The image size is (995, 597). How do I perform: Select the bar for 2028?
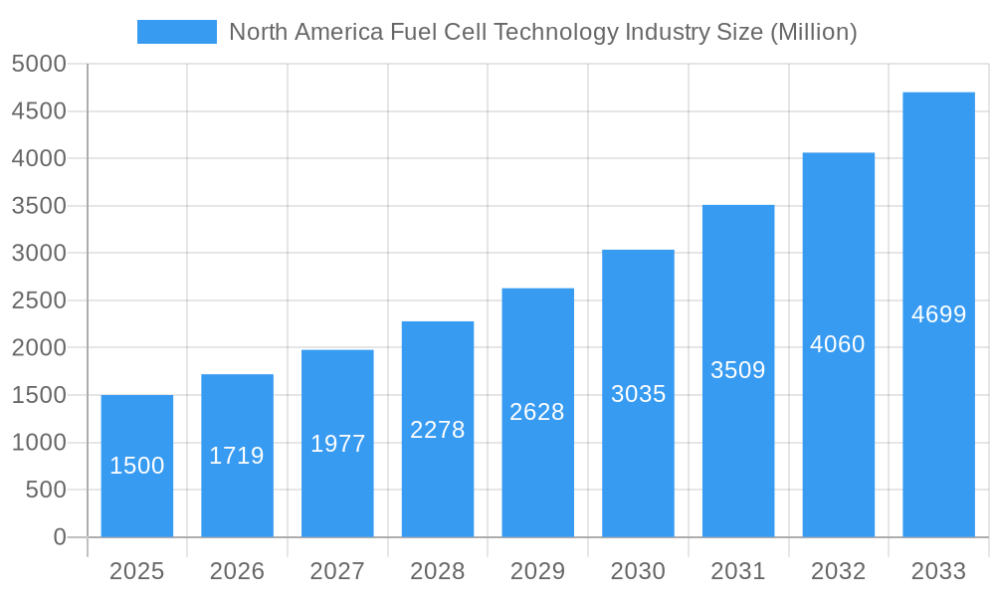(438, 429)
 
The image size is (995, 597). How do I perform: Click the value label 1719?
(237, 456)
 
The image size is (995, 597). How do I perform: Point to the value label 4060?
(838, 344)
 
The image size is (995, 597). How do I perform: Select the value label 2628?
(537, 412)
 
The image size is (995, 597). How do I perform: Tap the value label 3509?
(738, 370)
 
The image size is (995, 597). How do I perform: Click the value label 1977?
(337, 444)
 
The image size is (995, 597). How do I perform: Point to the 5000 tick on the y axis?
(39, 64)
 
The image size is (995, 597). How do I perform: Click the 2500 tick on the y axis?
(39, 300)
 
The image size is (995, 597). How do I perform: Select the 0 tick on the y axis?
(60, 537)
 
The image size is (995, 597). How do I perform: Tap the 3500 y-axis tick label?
(39, 206)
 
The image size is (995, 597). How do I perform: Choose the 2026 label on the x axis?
(237, 571)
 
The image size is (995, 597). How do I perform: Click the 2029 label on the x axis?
(537, 571)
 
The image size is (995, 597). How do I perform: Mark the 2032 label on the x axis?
(838, 571)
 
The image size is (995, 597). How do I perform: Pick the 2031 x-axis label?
(738, 571)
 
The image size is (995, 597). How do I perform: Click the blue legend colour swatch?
(176, 32)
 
